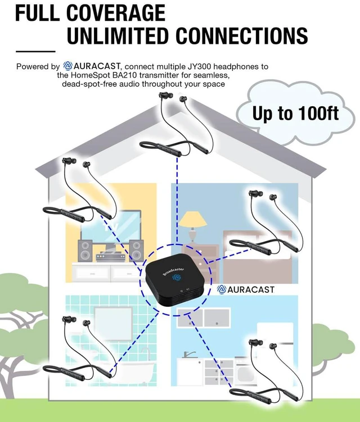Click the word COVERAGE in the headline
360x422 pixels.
tap(116, 13)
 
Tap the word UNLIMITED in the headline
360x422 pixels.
tap(118, 35)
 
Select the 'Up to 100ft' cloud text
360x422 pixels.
tap(295, 114)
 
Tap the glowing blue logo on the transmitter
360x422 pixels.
tap(176, 278)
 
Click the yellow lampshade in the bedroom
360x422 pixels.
tap(193, 219)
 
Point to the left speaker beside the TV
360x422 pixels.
tap(85, 250)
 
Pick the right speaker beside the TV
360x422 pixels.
tap(136, 250)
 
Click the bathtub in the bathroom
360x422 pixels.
tap(129, 370)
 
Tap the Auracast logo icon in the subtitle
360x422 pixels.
tap(67, 66)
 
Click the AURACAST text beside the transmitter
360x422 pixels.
tap(251, 289)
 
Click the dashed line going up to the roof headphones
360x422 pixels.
tap(177, 201)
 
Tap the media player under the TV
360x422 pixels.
tap(110, 257)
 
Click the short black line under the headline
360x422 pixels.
tap(35, 51)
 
